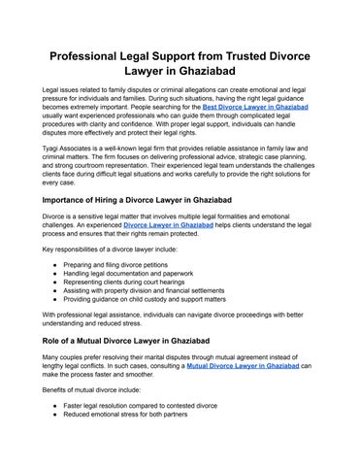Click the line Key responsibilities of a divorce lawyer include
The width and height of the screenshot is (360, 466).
(111, 248)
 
